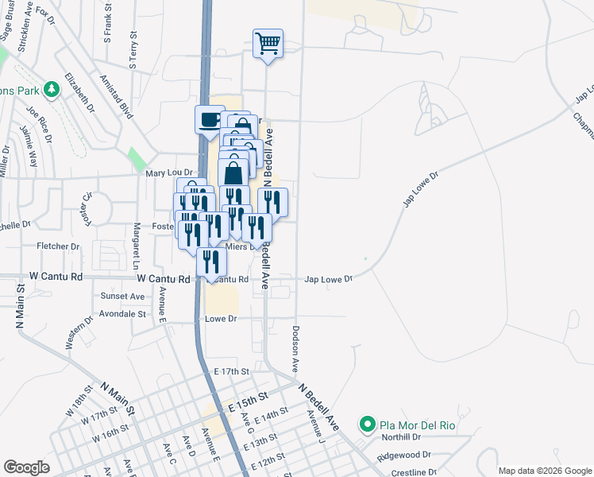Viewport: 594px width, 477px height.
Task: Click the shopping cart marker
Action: tap(268, 45)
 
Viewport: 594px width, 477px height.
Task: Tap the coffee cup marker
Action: tap(210, 121)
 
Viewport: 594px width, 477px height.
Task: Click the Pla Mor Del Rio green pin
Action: tap(367, 425)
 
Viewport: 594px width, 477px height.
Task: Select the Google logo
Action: tap(26, 467)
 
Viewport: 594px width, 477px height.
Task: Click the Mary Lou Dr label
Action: tap(169, 173)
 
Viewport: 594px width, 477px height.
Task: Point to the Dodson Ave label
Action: tap(295, 348)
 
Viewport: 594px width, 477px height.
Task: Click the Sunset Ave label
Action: tap(122, 296)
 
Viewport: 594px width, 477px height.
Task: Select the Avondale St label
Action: tap(123, 314)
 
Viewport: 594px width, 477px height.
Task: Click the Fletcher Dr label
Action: tap(58, 246)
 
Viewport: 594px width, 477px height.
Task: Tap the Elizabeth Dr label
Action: tap(79, 91)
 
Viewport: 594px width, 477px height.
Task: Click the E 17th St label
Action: tap(231, 371)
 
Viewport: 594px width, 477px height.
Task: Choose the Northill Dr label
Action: tap(399, 437)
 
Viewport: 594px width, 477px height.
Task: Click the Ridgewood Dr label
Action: tap(404, 456)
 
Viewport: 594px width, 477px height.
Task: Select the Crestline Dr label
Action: tap(413, 472)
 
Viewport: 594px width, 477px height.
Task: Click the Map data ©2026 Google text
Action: tap(544, 471)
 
